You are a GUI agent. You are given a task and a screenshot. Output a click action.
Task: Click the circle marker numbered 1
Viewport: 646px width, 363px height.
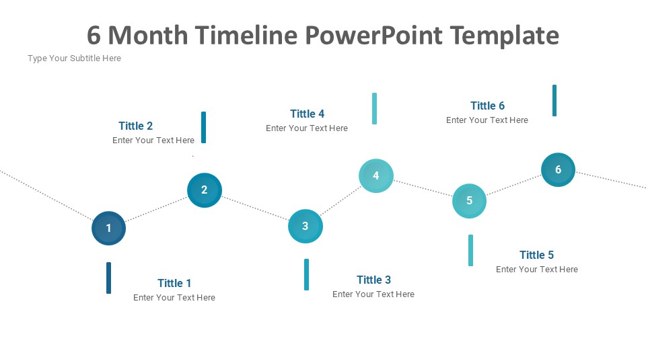click(108, 229)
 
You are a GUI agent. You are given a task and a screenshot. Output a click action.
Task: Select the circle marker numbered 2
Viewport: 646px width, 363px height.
click(205, 190)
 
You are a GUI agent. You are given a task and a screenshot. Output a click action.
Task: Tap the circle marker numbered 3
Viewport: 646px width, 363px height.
click(306, 226)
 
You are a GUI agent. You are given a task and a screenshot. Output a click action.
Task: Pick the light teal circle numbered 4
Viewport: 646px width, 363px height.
click(376, 175)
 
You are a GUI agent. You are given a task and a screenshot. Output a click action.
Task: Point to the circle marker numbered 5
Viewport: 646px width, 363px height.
click(469, 200)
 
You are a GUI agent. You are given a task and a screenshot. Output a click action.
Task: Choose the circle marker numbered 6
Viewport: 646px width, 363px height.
click(558, 169)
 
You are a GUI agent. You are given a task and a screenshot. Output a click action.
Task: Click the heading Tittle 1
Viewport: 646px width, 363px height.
click(174, 283)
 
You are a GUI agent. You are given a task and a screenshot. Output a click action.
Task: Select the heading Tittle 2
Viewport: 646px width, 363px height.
click(135, 126)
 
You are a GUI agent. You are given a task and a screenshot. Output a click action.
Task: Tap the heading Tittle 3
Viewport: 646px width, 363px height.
click(373, 280)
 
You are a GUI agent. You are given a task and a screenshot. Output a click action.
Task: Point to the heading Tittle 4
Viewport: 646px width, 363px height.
click(307, 114)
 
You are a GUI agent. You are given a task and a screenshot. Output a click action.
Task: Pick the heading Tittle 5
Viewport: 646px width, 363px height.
click(536, 255)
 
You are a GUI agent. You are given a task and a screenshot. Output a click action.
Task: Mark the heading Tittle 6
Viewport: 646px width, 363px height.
click(487, 106)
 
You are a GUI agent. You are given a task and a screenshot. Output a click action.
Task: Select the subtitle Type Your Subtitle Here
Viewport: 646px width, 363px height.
click(74, 58)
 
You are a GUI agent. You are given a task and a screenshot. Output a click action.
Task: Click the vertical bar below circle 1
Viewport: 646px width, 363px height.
click(108, 278)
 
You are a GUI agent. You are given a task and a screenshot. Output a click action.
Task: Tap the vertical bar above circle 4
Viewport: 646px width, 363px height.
click(375, 108)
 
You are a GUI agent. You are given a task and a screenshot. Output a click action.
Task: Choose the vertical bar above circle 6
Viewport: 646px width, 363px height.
click(554, 100)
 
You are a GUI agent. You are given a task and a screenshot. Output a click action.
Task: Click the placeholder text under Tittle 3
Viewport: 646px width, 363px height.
click(373, 294)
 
